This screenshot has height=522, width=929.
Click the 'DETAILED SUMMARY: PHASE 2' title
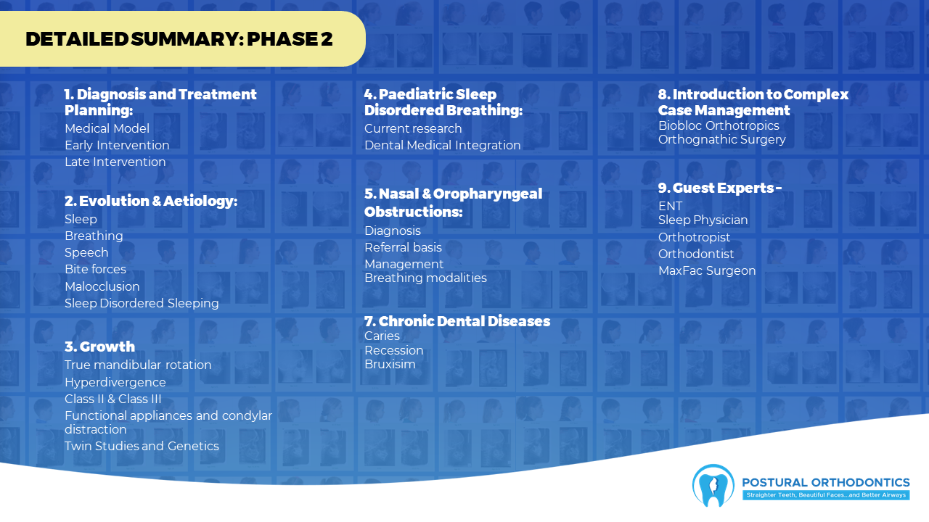tap(179, 39)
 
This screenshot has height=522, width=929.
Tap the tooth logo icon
tap(713, 486)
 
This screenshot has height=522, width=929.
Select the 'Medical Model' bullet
tap(107, 128)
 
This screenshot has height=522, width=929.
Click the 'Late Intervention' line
tap(115, 162)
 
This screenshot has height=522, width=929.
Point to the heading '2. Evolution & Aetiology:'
tap(151, 201)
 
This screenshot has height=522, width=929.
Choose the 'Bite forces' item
tap(95, 269)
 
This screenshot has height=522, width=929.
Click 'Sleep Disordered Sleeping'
tap(142, 303)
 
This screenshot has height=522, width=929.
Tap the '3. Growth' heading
tap(99, 347)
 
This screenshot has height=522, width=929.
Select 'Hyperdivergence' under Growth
tap(115, 382)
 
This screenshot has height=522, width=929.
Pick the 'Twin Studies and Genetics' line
tap(142, 446)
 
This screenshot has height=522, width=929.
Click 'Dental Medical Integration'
tap(442, 145)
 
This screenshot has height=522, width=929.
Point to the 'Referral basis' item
tap(403, 247)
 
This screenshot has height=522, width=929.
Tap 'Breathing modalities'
tap(425, 278)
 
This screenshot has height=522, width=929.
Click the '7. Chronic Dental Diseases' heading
tap(457, 321)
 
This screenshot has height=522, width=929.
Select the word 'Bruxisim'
tap(390, 364)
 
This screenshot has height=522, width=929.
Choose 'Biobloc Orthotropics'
tap(719, 125)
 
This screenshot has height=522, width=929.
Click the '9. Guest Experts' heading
tap(720, 188)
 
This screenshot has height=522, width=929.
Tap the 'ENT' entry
tap(670, 206)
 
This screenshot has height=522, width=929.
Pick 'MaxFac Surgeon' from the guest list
tap(707, 270)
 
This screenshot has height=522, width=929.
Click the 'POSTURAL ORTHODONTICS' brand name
tap(826, 483)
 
